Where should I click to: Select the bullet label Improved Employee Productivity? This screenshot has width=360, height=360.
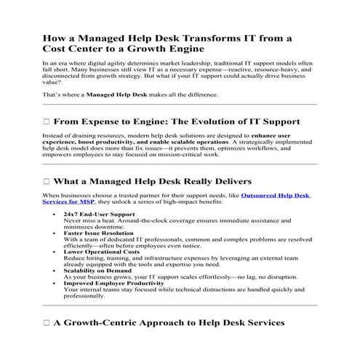(x=113, y=283)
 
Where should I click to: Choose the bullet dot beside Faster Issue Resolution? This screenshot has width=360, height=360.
(x=56, y=233)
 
